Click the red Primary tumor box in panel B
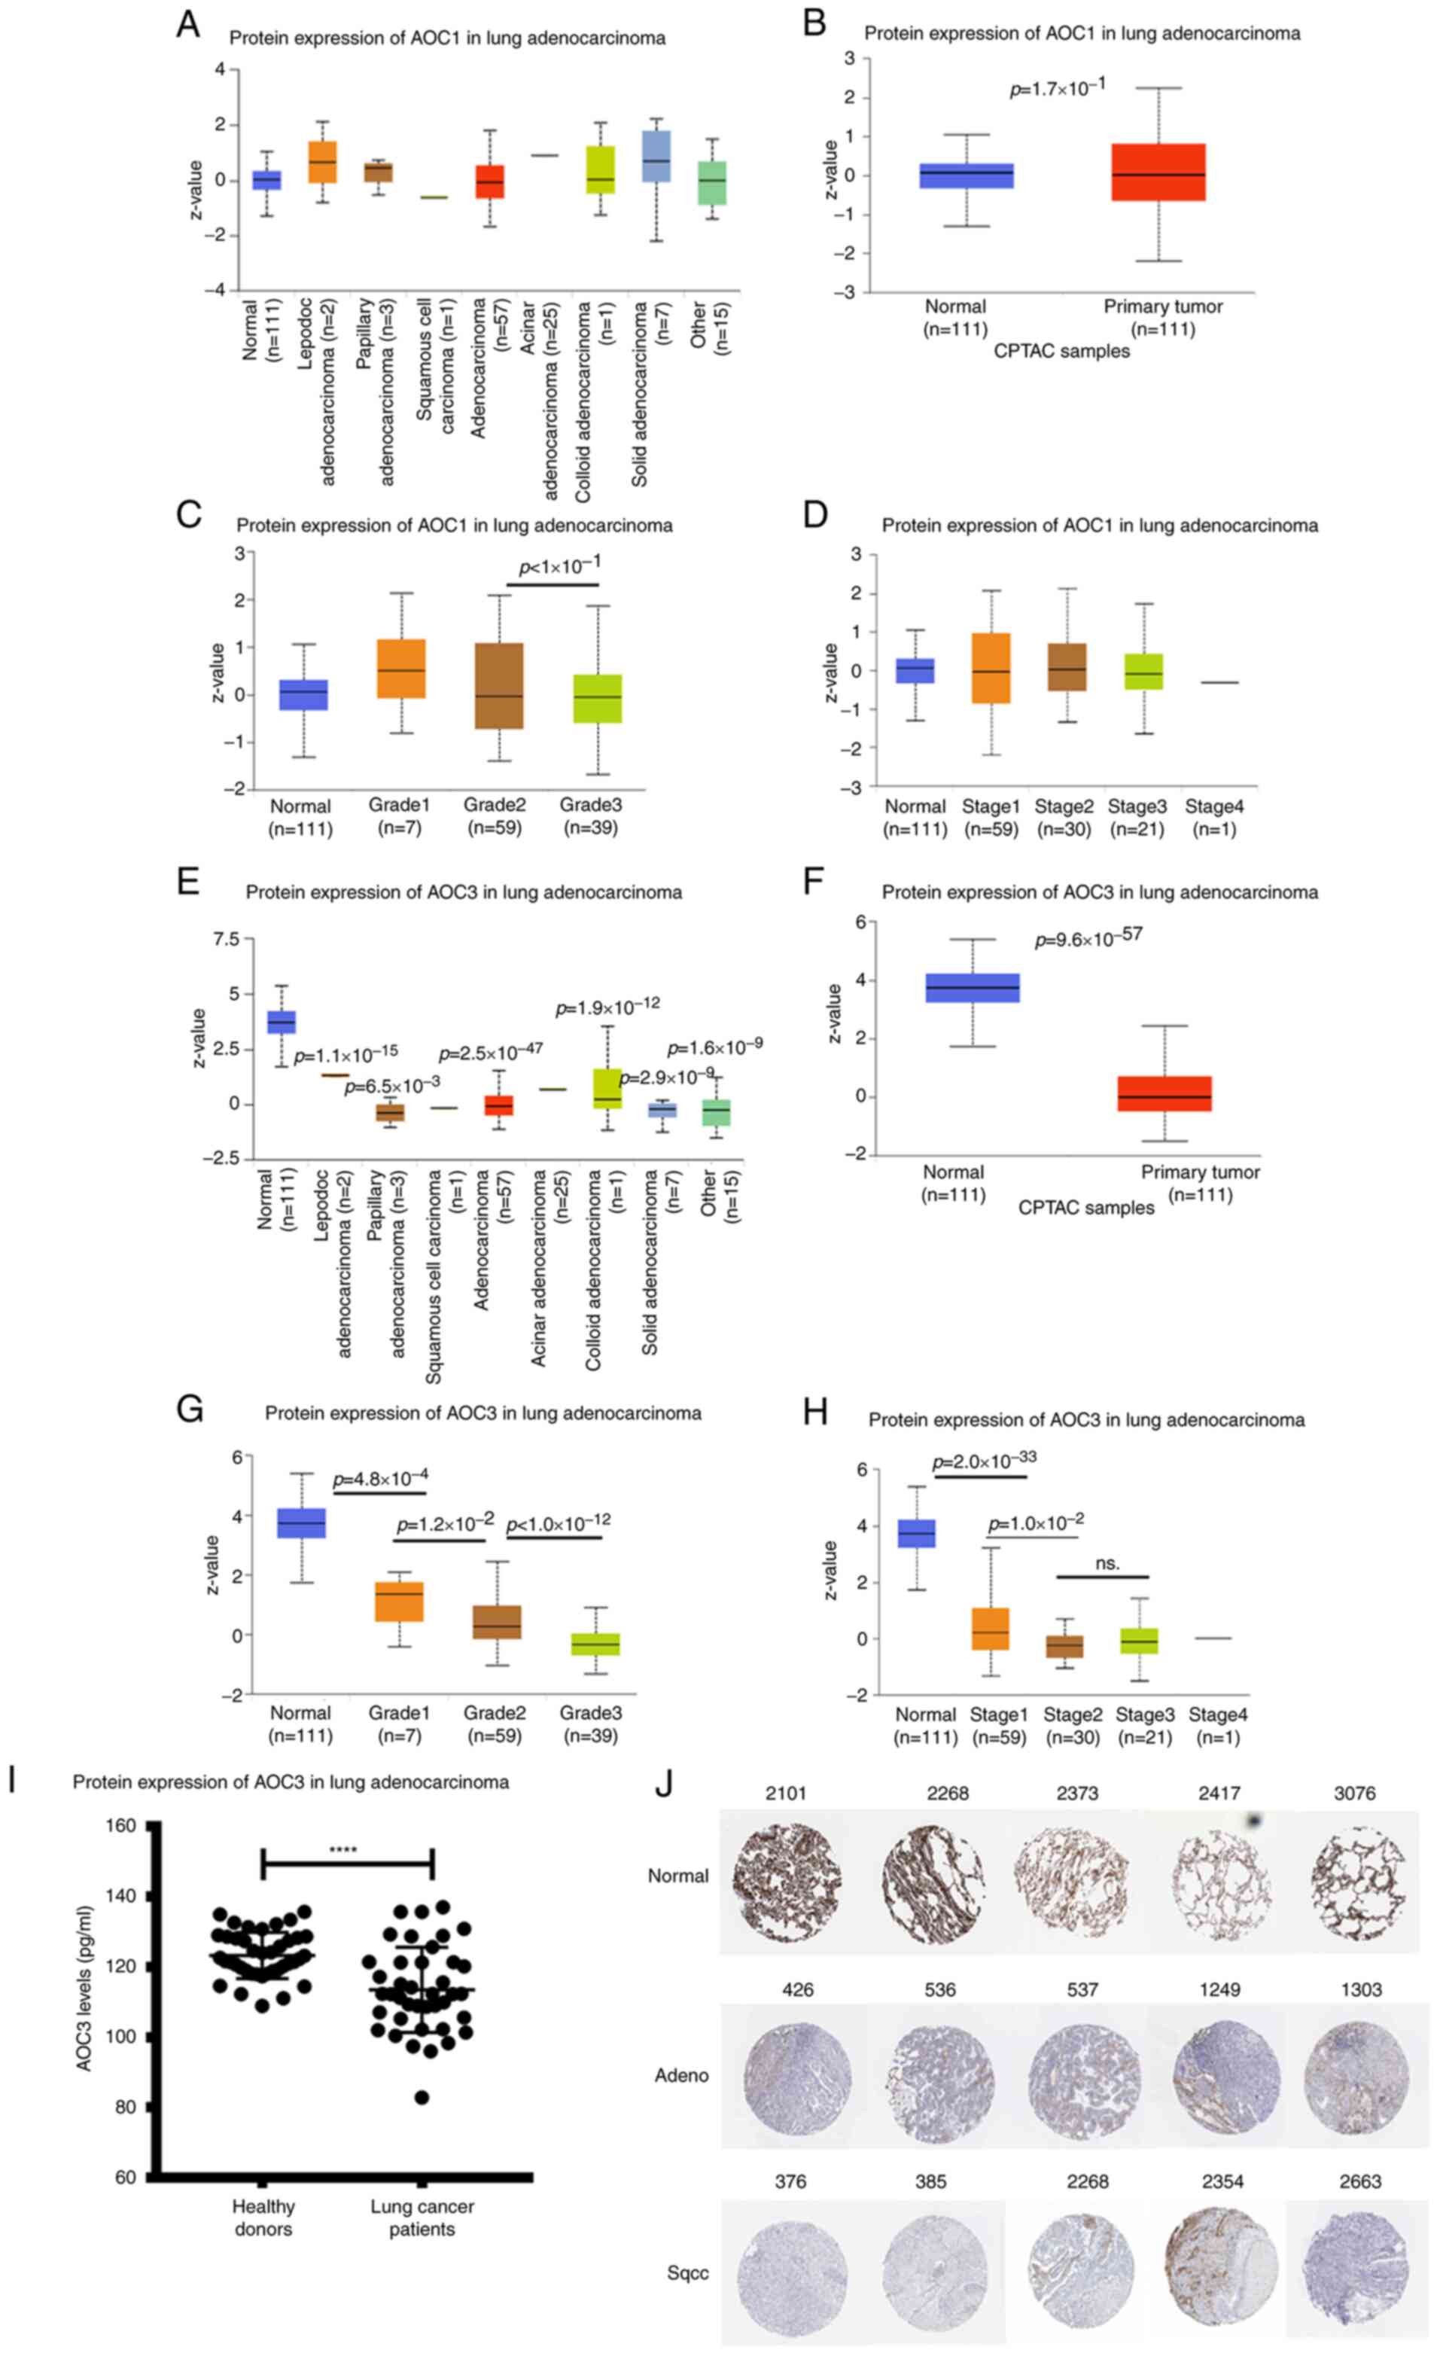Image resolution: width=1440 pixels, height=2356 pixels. click(1158, 172)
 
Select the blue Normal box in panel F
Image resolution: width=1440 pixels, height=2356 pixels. click(973, 988)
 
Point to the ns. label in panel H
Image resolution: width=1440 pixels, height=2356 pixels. click(1107, 1563)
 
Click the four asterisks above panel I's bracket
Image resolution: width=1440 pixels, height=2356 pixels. click(342, 1849)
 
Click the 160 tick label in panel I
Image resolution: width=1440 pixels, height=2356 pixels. click(120, 1824)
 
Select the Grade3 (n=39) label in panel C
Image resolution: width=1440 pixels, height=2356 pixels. click(591, 816)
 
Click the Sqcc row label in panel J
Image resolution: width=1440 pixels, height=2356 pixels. click(687, 2272)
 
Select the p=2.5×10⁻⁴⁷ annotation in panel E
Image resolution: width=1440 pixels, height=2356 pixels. click(491, 1052)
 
